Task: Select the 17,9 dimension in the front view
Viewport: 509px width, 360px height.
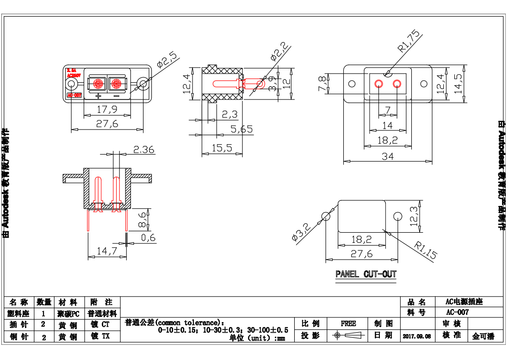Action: [x=107, y=110]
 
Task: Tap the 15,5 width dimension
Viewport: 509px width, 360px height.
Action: [x=222, y=148]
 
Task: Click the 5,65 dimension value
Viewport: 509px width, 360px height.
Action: [x=241, y=130]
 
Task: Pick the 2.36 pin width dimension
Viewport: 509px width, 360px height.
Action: [x=143, y=149]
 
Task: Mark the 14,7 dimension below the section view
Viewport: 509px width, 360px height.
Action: [x=106, y=251]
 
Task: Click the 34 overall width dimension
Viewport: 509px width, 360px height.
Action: [x=387, y=157]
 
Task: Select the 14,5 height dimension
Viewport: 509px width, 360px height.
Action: [x=458, y=84]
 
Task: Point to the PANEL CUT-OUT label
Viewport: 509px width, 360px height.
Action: [x=366, y=274]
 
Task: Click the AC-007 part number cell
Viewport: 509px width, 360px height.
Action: [x=457, y=312]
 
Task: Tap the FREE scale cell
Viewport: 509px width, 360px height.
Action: [x=348, y=323]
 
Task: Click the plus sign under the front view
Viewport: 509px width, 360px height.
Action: [x=98, y=96]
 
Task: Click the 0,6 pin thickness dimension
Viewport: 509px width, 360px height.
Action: [x=148, y=238]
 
